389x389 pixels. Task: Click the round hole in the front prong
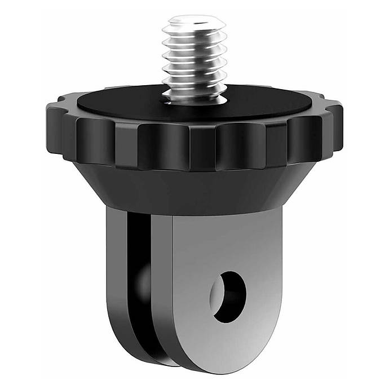229,297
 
